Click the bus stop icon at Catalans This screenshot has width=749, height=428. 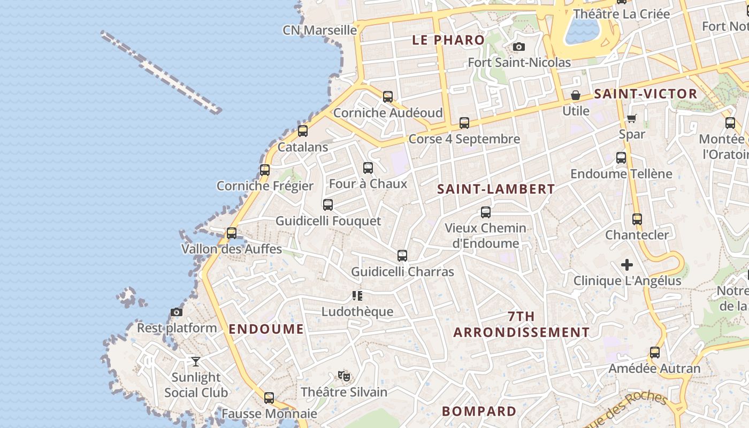[x=303, y=131]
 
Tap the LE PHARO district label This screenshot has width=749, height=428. [x=448, y=40]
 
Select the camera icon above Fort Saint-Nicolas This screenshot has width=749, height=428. [x=518, y=47]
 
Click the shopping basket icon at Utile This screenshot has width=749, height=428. [x=576, y=96]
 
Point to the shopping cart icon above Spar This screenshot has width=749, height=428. [x=632, y=118]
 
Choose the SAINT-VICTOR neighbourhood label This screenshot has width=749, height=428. [x=646, y=94]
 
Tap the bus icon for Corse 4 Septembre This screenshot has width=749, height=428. [x=464, y=123]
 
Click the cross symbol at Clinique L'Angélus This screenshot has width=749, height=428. [x=627, y=265]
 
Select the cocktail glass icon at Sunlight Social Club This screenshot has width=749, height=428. [x=196, y=362]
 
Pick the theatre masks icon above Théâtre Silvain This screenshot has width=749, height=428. [x=344, y=376]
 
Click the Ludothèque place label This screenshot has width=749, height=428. [x=357, y=311]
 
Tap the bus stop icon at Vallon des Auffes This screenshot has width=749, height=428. [x=232, y=233]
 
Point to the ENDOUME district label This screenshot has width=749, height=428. [x=266, y=329]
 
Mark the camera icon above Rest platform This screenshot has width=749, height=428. [x=177, y=312]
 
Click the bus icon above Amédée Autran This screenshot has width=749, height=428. [x=655, y=353]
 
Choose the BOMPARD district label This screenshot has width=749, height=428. [x=479, y=411]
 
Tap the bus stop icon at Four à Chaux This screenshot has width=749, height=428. [x=368, y=168]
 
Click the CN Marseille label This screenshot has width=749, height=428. [x=319, y=30]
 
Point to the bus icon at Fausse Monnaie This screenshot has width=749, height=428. [x=269, y=398]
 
